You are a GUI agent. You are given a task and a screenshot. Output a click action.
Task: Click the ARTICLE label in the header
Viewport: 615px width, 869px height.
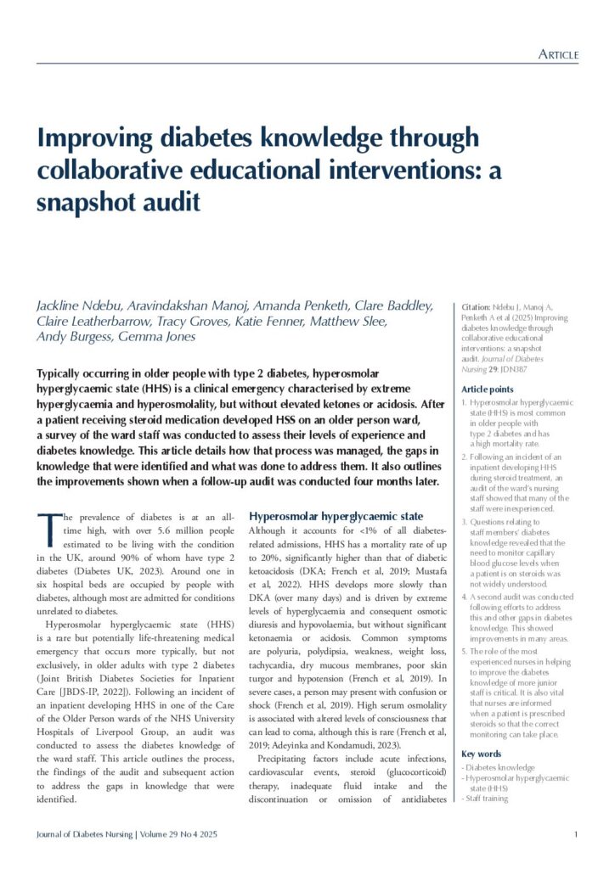coord(558,55)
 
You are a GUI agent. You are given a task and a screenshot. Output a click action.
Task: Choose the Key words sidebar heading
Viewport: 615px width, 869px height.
coord(480,754)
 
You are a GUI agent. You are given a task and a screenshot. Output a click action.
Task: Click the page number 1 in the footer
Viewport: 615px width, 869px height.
coord(576,835)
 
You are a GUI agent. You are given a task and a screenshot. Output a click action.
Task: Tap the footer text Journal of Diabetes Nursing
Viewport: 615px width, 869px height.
coord(84,835)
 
